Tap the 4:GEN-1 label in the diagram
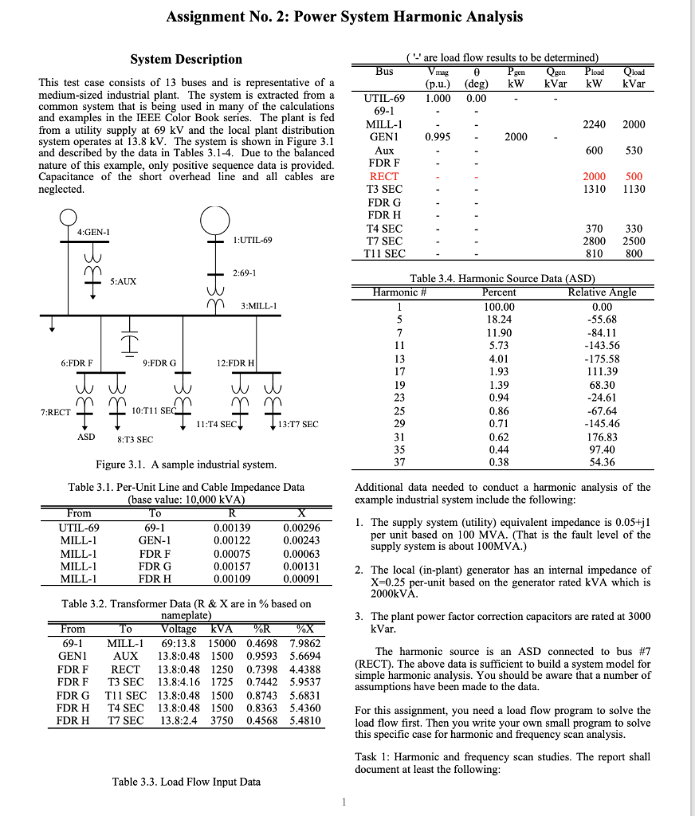click(x=93, y=232)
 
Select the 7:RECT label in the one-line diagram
click(x=55, y=412)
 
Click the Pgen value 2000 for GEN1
click(x=516, y=137)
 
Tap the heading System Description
click(x=186, y=59)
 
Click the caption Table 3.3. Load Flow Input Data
click(x=187, y=782)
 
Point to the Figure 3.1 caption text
click(x=187, y=464)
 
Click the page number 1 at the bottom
click(x=344, y=802)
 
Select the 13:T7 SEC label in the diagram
click(x=299, y=424)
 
